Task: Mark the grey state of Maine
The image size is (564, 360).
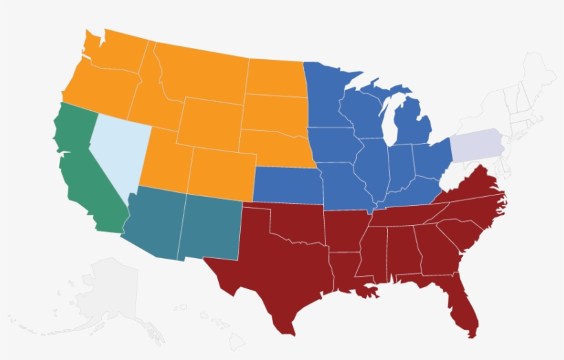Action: [540, 72]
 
